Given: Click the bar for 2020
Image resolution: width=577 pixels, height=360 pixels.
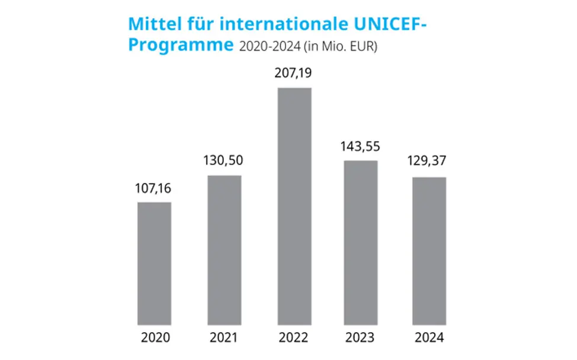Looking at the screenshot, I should [x=154, y=263].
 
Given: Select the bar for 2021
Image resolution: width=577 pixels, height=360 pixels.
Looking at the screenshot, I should [x=224, y=250].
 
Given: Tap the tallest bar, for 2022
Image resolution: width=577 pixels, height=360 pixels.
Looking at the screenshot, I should [x=294, y=206].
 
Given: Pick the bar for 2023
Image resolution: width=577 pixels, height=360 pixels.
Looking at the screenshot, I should [x=361, y=243].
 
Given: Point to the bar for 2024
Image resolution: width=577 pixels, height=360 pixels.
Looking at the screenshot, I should [x=429, y=251].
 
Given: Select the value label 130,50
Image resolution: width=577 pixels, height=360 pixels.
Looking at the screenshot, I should [x=224, y=161].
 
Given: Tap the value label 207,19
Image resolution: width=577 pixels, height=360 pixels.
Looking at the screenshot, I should [x=294, y=74].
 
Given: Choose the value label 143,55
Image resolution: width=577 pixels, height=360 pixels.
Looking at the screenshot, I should [x=361, y=147].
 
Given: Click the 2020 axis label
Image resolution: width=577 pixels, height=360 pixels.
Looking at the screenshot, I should [x=155, y=338].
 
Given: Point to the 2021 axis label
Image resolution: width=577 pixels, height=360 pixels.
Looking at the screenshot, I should [x=224, y=338].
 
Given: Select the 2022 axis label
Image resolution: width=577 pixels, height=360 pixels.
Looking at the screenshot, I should [x=294, y=338].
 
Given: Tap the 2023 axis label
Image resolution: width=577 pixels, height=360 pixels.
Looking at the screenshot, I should [x=361, y=338].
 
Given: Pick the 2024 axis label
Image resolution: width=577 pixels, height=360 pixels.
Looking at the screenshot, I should [x=429, y=338].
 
